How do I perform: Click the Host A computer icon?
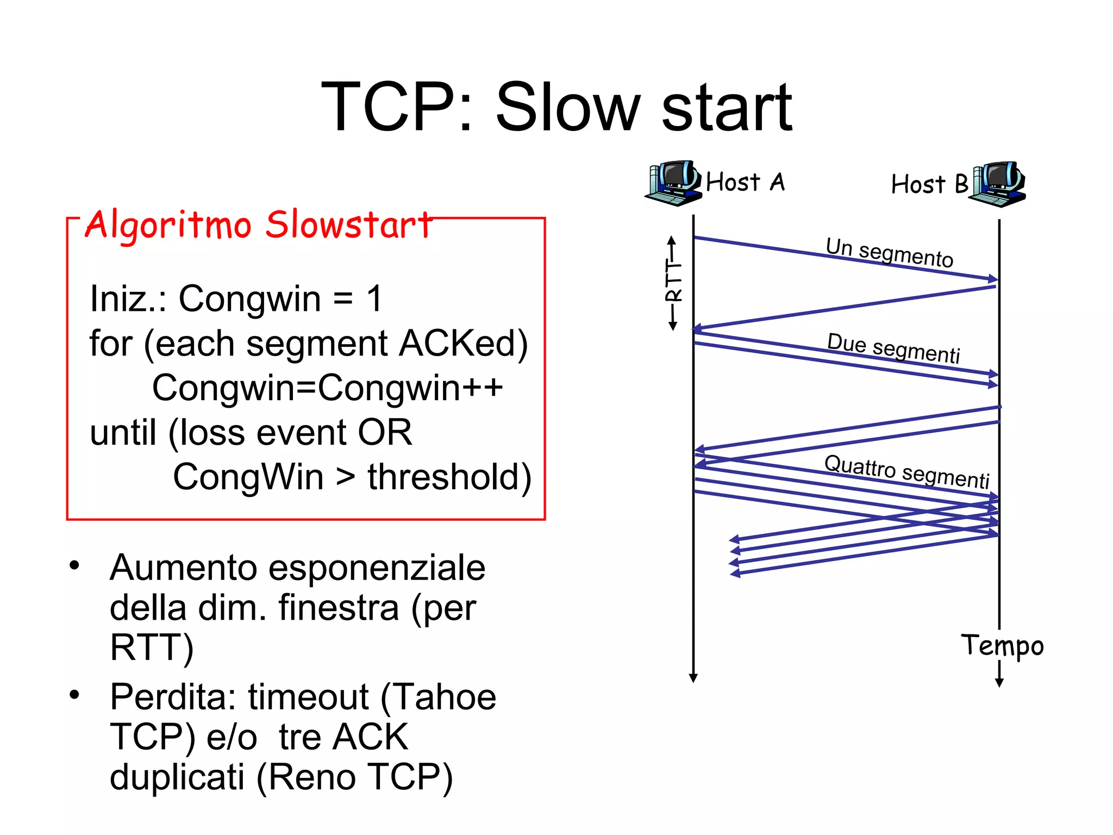672,183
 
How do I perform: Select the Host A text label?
745,182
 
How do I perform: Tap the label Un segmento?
889,252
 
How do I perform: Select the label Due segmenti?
893,348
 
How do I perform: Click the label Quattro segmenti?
906,471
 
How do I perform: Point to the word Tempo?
1002,646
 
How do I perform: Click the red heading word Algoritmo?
168,225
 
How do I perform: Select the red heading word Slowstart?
348,225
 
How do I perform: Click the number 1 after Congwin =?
374,298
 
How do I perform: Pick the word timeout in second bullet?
308,697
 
